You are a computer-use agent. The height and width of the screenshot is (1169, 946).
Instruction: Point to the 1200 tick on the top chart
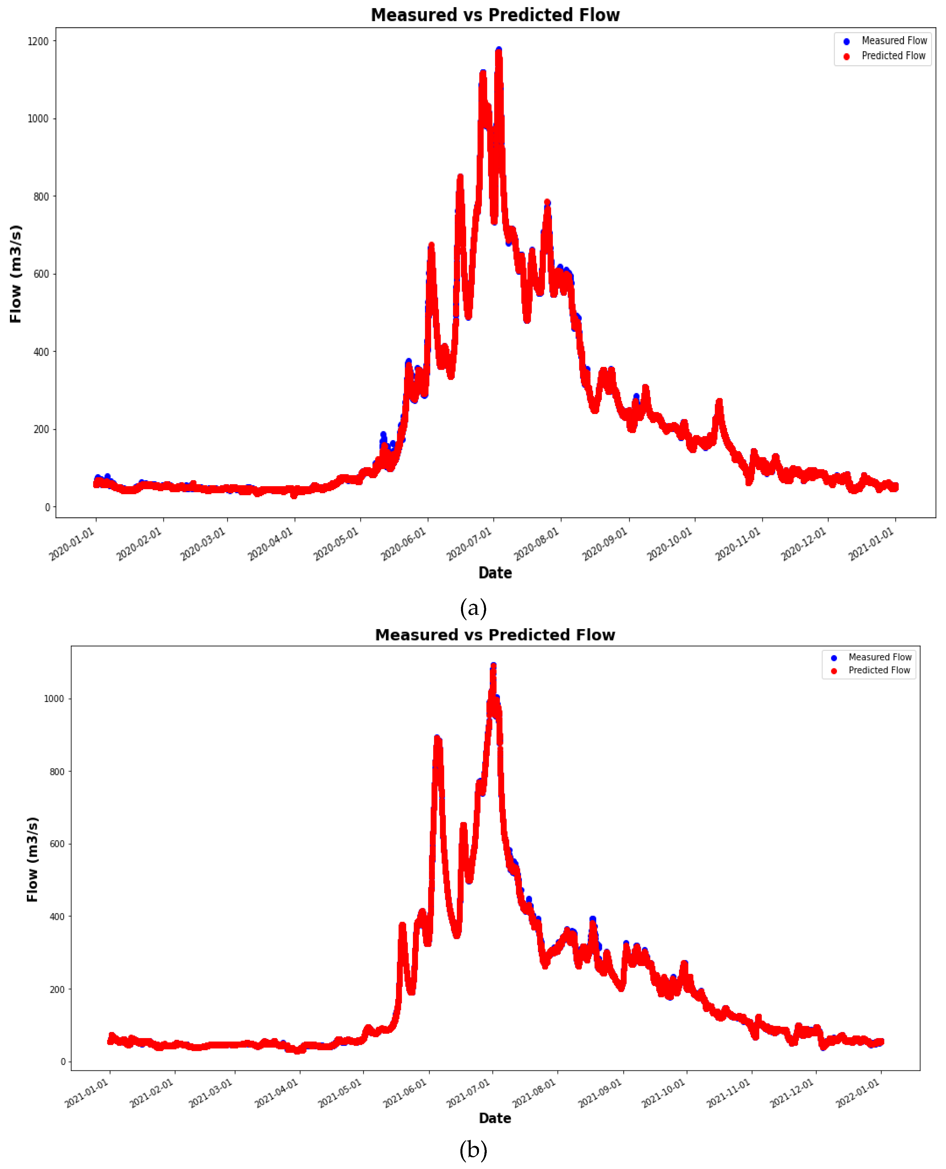coord(38,41)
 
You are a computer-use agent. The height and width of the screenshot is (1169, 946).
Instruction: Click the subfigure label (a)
coord(473,608)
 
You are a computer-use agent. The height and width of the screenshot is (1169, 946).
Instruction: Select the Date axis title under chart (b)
coord(495,1118)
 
